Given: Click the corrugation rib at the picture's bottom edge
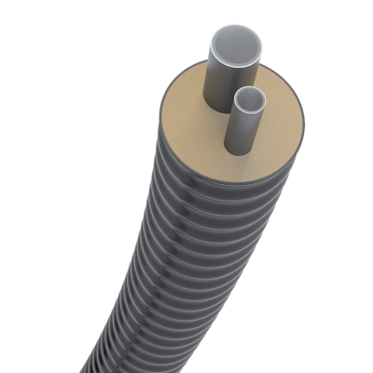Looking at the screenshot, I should [121, 366].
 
